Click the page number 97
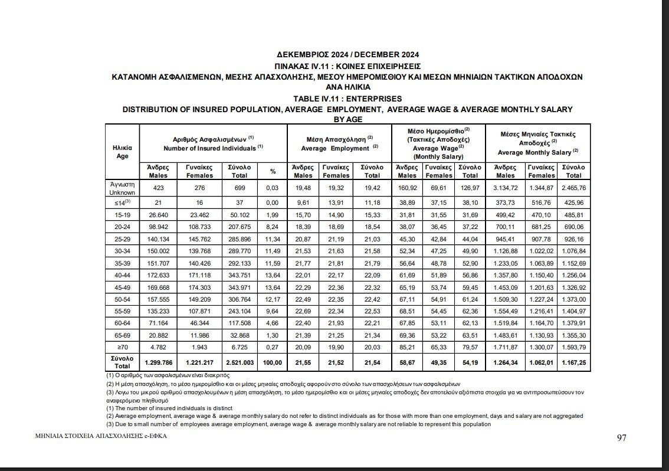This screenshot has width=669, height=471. point(621,438)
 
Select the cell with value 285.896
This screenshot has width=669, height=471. point(240,240)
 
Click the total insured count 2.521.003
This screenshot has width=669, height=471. point(240,362)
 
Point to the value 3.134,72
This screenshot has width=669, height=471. point(505,188)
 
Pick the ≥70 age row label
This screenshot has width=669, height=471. point(123,346)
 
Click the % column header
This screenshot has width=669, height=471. point(273,171)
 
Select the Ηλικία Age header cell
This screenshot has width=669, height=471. point(123,152)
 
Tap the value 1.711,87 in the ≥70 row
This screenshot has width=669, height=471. point(505,346)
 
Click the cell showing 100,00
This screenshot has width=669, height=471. point(273,362)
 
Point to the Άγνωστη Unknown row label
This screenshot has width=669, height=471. point(123,188)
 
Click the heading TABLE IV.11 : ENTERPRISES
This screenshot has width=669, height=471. point(347,99)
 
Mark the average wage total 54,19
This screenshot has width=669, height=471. point(470,362)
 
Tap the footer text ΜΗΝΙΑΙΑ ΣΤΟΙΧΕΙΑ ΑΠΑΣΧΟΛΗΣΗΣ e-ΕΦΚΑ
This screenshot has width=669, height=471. point(96,437)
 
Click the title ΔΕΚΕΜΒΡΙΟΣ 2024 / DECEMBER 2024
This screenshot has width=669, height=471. point(347,55)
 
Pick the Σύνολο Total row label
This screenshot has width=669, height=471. point(123,362)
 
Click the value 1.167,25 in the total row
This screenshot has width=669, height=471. point(573,362)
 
